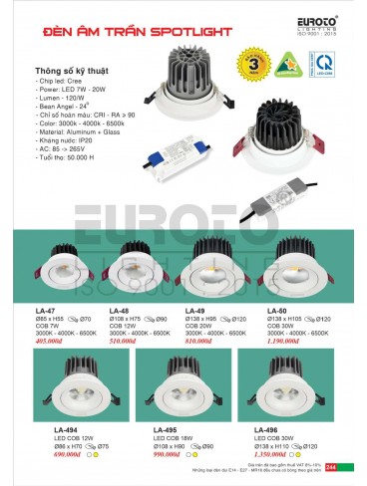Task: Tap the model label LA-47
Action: pos(46,310)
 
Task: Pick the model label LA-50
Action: pos(277,310)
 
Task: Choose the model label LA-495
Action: pos(166,430)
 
